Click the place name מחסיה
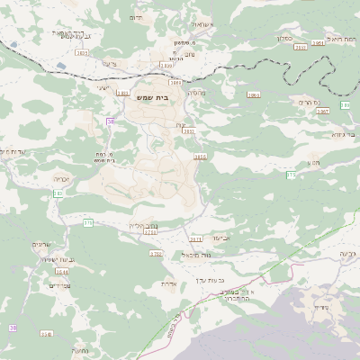point(196,93)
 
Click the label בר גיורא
point(343,133)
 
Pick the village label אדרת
point(167,283)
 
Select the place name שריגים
point(42,244)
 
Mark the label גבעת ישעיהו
point(47,259)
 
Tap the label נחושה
point(78,349)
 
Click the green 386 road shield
point(291,174)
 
